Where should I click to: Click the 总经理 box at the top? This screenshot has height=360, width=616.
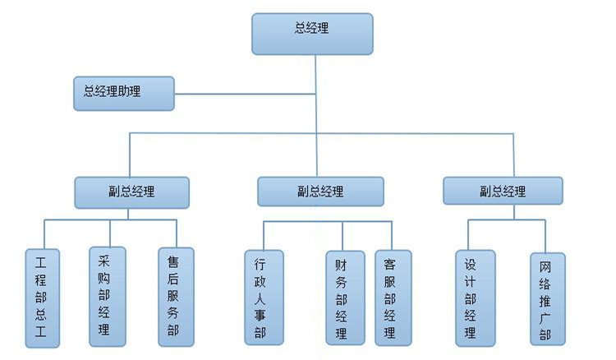(x=312, y=33)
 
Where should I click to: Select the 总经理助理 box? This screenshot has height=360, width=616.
(x=124, y=93)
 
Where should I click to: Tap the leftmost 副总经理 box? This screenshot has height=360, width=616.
(x=132, y=192)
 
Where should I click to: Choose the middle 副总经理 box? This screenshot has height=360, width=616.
(x=319, y=192)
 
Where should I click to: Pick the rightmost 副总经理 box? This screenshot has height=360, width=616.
(x=503, y=191)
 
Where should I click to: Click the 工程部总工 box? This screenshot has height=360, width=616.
(x=42, y=297)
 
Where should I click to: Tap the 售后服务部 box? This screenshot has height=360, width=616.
(x=175, y=297)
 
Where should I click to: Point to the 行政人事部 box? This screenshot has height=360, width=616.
(x=263, y=297)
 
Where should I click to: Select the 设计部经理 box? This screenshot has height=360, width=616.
(x=473, y=297)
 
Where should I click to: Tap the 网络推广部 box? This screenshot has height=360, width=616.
(x=546, y=298)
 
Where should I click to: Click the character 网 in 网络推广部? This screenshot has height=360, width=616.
(x=546, y=267)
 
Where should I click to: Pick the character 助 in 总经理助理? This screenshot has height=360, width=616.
(x=123, y=91)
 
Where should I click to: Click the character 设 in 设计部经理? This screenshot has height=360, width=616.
(x=472, y=263)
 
